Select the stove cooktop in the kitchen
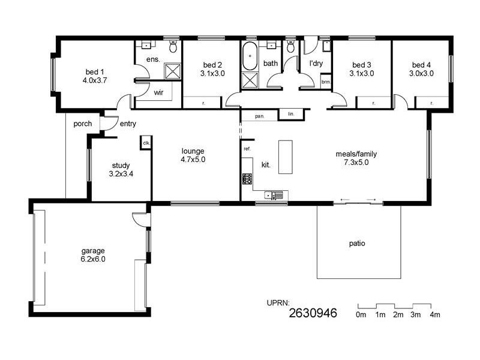(x=247, y=179)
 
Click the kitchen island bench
(x=286, y=157)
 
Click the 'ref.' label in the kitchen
(x=247, y=148)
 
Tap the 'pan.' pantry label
(x=260, y=116)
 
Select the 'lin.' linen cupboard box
(x=291, y=113)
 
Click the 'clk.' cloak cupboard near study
(x=146, y=142)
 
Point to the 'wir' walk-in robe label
(x=159, y=93)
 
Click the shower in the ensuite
(x=172, y=71)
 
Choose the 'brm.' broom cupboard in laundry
(x=326, y=81)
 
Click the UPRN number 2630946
(x=313, y=313)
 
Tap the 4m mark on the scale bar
(x=434, y=314)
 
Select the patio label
(x=357, y=244)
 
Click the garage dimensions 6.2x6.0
(x=94, y=259)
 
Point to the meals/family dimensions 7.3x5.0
(x=356, y=162)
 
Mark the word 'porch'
(x=82, y=124)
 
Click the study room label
(x=121, y=166)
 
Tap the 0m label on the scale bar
(x=361, y=314)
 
